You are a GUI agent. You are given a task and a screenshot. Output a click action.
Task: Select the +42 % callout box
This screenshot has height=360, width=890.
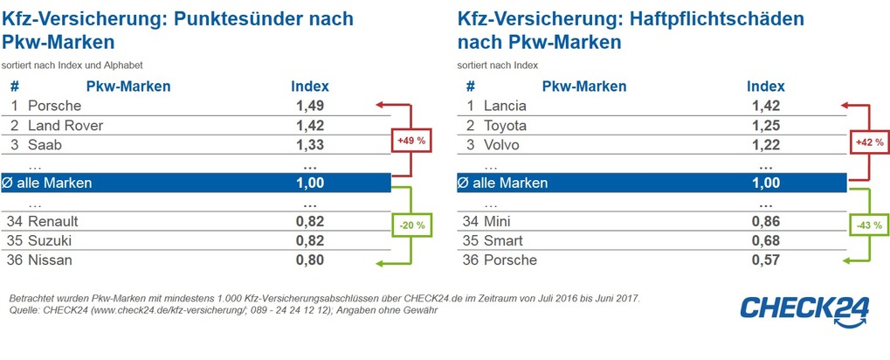(x=867, y=141)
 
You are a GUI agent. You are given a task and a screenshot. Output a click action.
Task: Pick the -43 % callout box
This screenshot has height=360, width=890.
(x=867, y=226)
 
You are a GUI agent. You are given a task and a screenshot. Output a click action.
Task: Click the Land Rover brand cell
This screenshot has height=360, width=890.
(x=66, y=125)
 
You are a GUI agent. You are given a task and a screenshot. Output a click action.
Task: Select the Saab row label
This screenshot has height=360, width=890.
(x=45, y=144)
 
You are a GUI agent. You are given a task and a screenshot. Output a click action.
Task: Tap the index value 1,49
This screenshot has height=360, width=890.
(x=309, y=106)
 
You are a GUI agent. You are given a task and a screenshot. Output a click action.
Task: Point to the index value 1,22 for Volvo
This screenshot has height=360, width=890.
(x=765, y=144)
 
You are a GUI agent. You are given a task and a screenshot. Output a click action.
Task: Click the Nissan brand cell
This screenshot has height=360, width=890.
(x=51, y=260)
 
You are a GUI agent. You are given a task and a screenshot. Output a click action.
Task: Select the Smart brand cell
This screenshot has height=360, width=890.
(x=503, y=240)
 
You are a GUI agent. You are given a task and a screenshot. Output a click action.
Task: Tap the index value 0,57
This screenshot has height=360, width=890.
(x=765, y=260)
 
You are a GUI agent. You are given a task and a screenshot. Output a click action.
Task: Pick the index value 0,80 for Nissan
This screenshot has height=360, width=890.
(x=309, y=260)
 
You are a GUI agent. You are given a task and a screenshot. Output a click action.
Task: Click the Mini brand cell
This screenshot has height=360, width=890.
(x=498, y=221)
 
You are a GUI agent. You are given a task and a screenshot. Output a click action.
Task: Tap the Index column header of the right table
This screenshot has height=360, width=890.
(x=765, y=86)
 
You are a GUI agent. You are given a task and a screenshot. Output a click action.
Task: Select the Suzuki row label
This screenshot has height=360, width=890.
(x=51, y=240)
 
